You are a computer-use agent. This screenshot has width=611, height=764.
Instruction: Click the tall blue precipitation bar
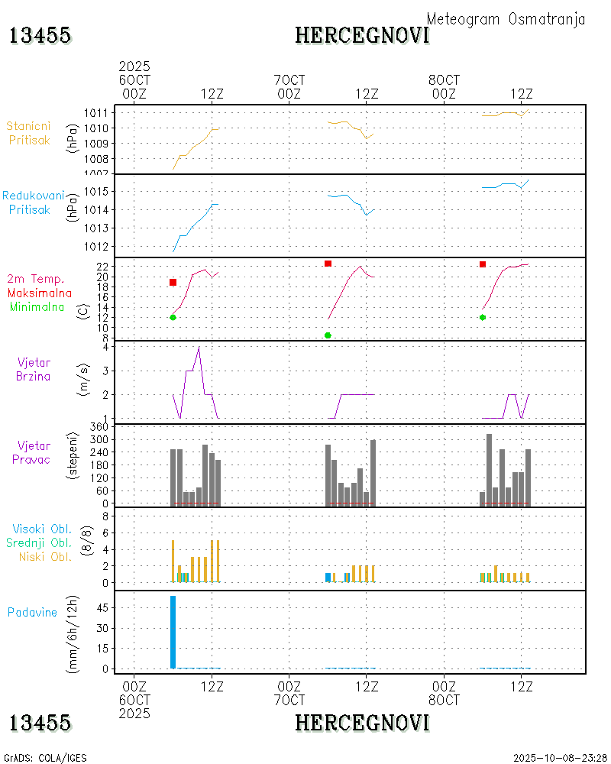tap(173, 632)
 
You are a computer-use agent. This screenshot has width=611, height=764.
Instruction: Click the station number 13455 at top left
tap(40, 35)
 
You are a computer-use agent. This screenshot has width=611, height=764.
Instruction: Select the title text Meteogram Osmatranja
tap(506, 19)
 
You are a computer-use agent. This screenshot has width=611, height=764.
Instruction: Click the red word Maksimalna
tap(40, 293)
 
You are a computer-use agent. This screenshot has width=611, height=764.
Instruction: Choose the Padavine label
tap(32, 612)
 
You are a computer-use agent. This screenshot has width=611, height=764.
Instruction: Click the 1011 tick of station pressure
tap(95, 112)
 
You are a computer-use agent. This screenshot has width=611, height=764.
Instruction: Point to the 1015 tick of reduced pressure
tap(95, 191)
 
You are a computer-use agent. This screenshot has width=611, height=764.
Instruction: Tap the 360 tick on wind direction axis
tap(97, 427)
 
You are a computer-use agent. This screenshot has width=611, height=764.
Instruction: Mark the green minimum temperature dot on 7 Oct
tap(328, 335)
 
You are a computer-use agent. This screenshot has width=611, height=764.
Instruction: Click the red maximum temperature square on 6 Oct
tap(173, 283)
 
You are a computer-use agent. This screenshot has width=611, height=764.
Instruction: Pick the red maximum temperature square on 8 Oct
tap(483, 264)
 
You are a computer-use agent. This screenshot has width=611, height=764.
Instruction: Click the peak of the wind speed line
tap(199, 347)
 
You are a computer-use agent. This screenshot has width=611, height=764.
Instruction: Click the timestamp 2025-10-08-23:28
tap(561, 758)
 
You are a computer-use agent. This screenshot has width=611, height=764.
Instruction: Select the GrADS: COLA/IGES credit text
tap(45, 758)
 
